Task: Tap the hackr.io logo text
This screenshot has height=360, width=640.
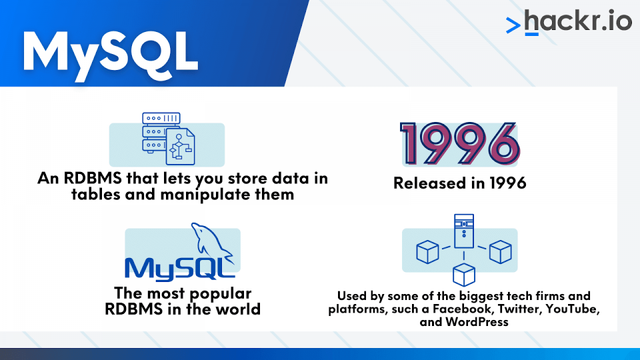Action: (577, 21)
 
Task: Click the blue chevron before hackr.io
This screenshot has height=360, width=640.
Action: (513, 25)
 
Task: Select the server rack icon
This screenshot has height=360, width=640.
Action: (155, 133)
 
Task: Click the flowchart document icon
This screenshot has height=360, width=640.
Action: (181, 147)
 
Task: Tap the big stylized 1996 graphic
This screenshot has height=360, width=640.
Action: (459, 144)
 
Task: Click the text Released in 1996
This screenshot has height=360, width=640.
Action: (459, 183)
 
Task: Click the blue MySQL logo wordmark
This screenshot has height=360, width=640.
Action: (179, 269)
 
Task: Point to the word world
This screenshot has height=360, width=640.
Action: (238, 309)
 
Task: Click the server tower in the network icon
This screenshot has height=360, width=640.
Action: (464, 231)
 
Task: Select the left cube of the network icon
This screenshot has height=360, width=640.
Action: (427, 252)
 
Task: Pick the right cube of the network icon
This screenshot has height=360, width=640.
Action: (501, 252)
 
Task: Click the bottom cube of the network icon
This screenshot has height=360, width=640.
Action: (464, 275)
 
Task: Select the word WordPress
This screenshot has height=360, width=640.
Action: (477, 322)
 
